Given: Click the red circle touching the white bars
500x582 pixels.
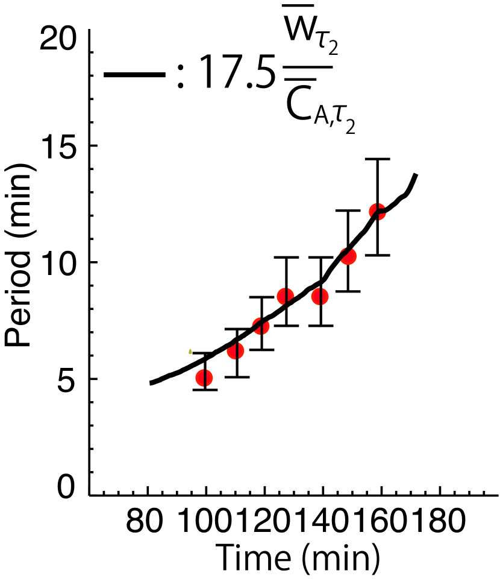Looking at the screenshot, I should pyautogui.click(x=204, y=378).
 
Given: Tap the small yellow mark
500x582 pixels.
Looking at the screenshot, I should pyautogui.click(x=190, y=351).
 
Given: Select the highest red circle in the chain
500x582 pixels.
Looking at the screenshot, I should pyautogui.click(x=377, y=212).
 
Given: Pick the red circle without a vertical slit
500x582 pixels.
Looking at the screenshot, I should pyautogui.click(x=348, y=256).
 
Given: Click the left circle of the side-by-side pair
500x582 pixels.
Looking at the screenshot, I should pyautogui.click(x=285, y=296).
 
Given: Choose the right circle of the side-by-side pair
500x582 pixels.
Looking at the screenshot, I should pyautogui.click(x=320, y=296).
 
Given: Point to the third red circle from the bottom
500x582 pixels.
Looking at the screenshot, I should pyautogui.click(x=261, y=326).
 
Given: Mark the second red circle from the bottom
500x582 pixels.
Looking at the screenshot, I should pyautogui.click(x=236, y=351).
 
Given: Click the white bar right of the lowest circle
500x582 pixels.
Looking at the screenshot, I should pyautogui.click(x=220, y=375).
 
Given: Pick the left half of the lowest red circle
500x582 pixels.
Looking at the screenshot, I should pyautogui.click(x=199, y=378).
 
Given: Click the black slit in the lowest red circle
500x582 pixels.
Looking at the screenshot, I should pyautogui.click(x=205, y=378).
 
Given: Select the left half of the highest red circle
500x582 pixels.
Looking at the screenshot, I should pyautogui.click(x=372, y=212).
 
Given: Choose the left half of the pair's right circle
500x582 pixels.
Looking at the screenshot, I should pyautogui.click(x=315, y=296).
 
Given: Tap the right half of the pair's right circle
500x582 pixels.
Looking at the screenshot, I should pyautogui.click(x=325, y=296).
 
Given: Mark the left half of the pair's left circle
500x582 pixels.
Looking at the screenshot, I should pyautogui.click(x=280, y=296).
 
